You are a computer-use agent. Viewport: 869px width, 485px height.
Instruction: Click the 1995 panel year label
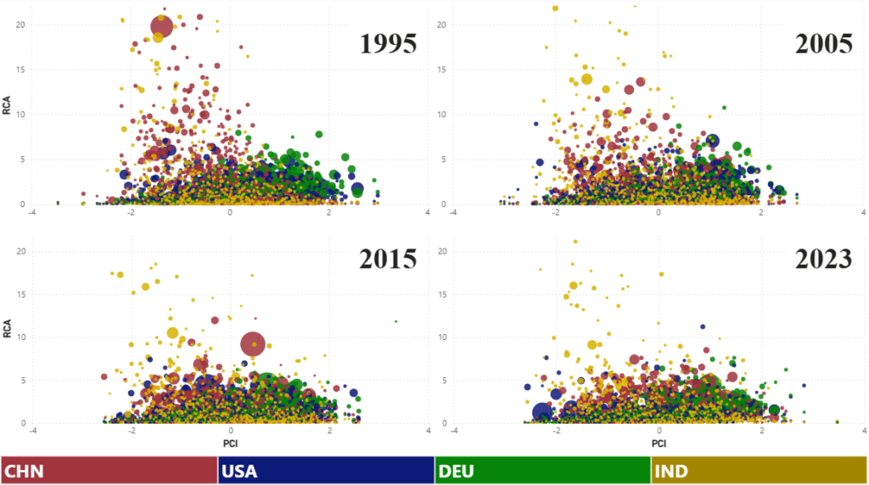coord(388,43)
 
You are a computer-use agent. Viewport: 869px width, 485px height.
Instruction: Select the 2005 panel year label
coord(823,43)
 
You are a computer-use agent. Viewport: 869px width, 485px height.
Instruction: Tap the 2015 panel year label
coord(388,259)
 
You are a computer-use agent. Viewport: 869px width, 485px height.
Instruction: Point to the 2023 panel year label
coord(823,259)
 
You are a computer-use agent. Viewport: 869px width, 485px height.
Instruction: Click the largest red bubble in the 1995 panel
coord(161,26)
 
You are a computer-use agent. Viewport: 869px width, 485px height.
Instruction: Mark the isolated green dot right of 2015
coord(395,321)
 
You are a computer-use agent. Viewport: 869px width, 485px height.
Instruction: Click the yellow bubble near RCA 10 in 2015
coord(173,332)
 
